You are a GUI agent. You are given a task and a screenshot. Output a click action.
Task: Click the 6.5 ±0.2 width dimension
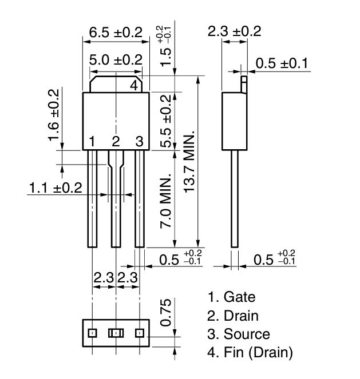click(x=116, y=33)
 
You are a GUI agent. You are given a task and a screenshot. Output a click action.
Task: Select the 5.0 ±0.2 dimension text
click(x=116, y=59)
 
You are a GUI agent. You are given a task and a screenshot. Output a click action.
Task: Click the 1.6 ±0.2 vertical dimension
click(x=53, y=115)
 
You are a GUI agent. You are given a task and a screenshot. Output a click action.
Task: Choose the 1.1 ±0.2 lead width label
click(x=56, y=187)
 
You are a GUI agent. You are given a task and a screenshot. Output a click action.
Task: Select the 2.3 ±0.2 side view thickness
click(x=235, y=31)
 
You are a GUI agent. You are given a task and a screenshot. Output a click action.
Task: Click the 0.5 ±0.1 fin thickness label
click(x=282, y=63)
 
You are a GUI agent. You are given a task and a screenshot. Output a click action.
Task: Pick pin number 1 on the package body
click(x=92, y=141)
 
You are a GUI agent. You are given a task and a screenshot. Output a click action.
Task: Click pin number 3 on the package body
click(x=139, y=141)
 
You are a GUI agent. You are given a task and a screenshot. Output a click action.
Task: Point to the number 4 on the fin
click(x=133, y=86)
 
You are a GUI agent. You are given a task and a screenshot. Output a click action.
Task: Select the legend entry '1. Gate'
click(x=232, y=297)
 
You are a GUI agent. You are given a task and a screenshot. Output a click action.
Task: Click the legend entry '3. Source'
click(x=239, y=334)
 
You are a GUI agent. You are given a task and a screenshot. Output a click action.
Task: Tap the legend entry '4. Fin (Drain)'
click(x=250, y=353)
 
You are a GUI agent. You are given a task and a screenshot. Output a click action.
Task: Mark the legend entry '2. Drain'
click(x=233, y=316)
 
